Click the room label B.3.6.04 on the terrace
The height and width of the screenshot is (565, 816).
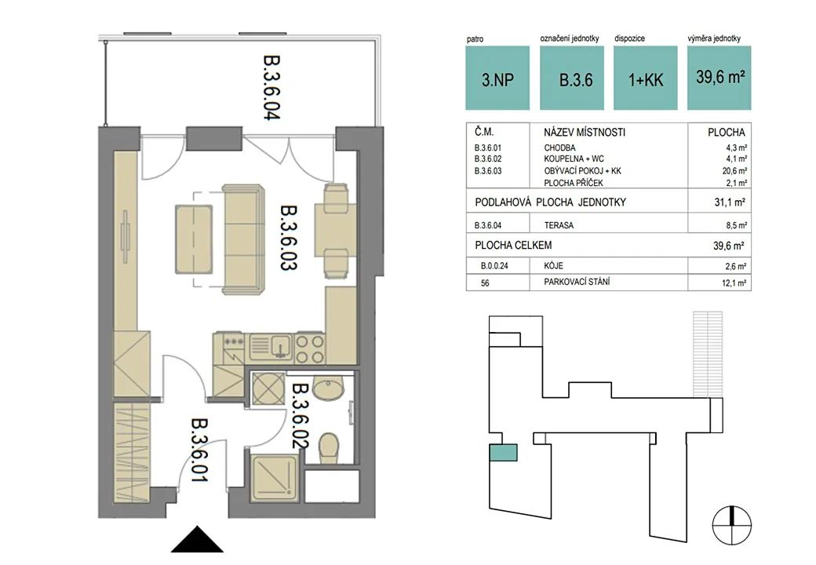[271, 87]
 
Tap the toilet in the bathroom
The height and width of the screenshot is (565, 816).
[329, 448]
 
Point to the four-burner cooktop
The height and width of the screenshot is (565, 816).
[310, 348]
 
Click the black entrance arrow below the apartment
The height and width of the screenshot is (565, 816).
[197, 539]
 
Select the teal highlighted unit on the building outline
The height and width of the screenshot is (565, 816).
[503, 452]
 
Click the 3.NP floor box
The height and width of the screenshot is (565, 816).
[497, 78]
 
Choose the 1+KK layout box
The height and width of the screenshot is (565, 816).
[645, 78]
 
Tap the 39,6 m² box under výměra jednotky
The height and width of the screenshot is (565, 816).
[719, 78]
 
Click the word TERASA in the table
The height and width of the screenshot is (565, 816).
[559, 225]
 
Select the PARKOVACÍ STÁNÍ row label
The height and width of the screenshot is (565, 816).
[577, 282]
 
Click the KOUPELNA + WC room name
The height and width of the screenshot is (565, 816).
[574, 159]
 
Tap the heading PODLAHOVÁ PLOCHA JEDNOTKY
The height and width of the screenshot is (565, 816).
[551, 202]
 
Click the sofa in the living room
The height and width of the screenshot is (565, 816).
[242, 239]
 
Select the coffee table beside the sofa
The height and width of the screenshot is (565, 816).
[194, 239]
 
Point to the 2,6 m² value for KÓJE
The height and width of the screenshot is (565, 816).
[735, 266]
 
